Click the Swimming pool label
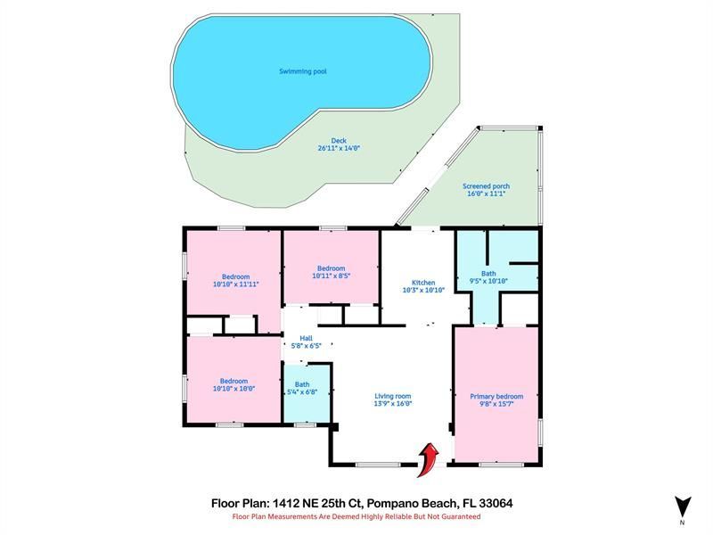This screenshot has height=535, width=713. [x=302, y=70]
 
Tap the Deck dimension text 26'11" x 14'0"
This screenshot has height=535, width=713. [x=338, y=149]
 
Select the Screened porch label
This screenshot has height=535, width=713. [x=486, y=186]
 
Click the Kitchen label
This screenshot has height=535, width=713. [x=423, y=282]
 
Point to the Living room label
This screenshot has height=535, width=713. [x=392, y=396]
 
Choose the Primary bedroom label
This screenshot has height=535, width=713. [x=496, y=396]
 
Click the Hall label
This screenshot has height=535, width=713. [x=306, y=338]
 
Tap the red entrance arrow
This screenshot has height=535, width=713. [x=429, y=458]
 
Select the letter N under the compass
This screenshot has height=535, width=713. [x=682, y=521]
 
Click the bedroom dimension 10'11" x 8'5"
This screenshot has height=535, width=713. [x=331, y=276]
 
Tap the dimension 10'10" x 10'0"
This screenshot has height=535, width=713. [x=235, y=389]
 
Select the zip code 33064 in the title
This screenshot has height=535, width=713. [x=493, y=503]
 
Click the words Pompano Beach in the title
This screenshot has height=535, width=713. [x=412, y=503]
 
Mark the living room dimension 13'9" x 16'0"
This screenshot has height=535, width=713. [x=392, y=404]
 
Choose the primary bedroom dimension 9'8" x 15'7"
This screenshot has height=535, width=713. [x=496, y=404]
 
